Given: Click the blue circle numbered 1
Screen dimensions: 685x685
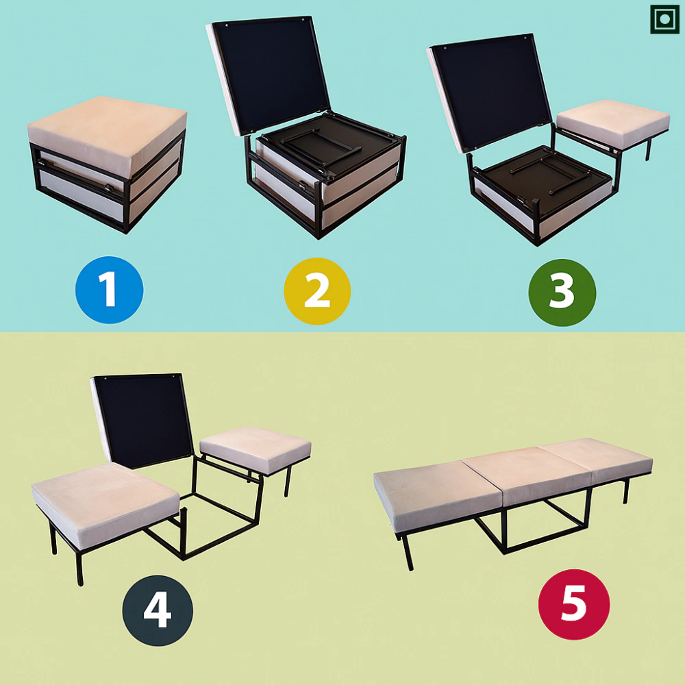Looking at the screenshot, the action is click(x=109, y=290).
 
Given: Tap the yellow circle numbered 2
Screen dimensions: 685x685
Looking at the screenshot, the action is click(x=317, y=291).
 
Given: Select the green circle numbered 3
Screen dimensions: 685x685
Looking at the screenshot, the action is click(x=562, y=292).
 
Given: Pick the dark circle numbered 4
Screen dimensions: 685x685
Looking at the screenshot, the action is click(x=158, y=610).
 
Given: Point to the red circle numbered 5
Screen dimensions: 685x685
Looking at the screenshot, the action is click(x=574, y=604).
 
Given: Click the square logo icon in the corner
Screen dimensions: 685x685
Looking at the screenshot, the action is click(x=664, y=19).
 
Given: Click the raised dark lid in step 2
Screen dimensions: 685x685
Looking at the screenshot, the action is click(x=269, y=74).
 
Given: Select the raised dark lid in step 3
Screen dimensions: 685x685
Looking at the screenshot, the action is click(x=489, y=92).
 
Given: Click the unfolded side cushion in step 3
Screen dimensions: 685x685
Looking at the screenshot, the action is click(x=613, y=123).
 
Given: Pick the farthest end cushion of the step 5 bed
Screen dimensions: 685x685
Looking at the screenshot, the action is click(x=597, y=460).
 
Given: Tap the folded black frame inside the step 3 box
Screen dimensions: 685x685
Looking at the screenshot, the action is click(x=542, y=175).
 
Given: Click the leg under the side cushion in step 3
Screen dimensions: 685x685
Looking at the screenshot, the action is click(x=648, y=149).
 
